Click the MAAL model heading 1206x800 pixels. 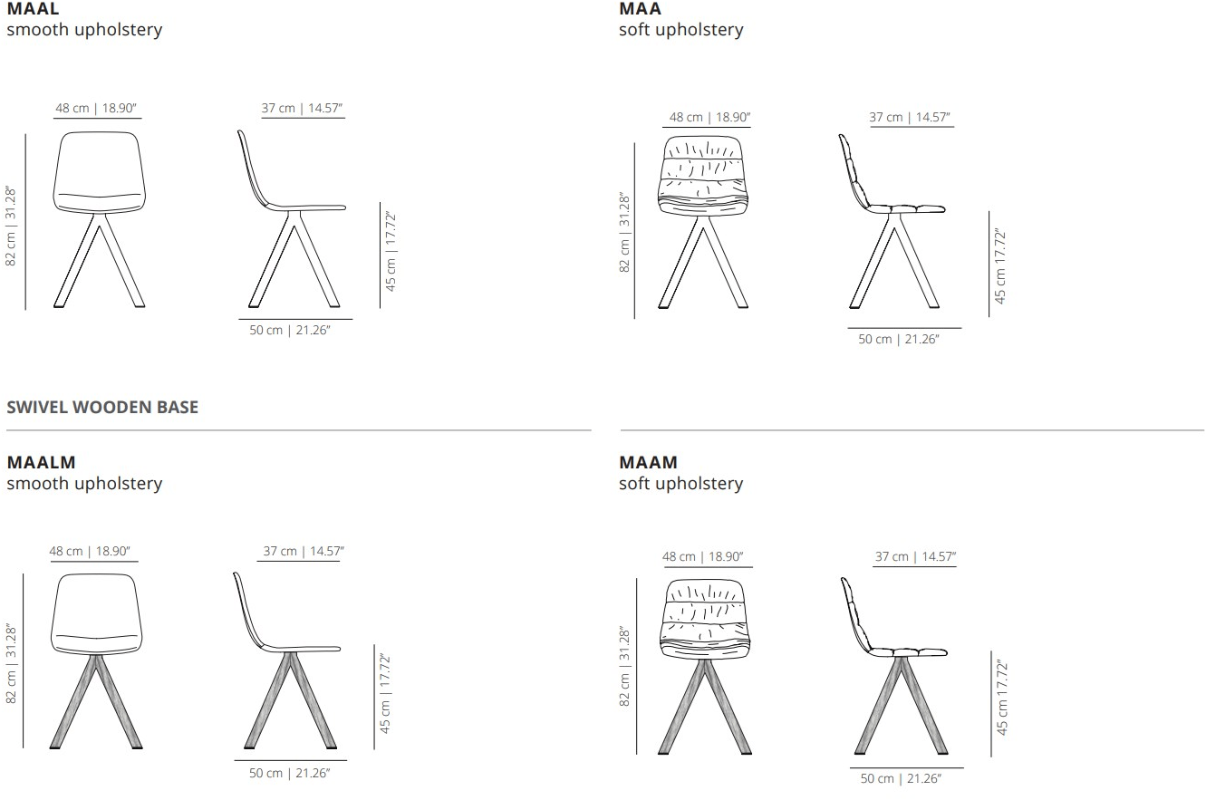pos(33,8)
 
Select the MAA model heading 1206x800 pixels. pos(640,8)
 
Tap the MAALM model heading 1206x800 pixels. pos(41,462)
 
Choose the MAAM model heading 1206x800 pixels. pos(648,462)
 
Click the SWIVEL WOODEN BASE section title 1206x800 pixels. pos(102,407)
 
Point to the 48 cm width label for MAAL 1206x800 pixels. pos(96,108)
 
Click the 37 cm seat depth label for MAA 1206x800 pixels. pos(910,118)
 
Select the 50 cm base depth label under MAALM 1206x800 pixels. pos(289,773)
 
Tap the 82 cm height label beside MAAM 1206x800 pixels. pos(624,667)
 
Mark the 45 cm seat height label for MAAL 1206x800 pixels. pos(391,251)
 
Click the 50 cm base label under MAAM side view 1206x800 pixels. pos(901,778)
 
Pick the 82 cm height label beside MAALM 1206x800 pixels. pos(11,663)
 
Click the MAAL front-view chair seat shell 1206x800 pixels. pos(99,172)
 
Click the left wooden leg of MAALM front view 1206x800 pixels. pos(73,701)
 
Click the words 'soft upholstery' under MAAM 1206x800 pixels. pos(681,484)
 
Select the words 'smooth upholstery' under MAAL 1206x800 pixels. pos(84,30)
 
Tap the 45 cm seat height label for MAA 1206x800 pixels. pos(999,266)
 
